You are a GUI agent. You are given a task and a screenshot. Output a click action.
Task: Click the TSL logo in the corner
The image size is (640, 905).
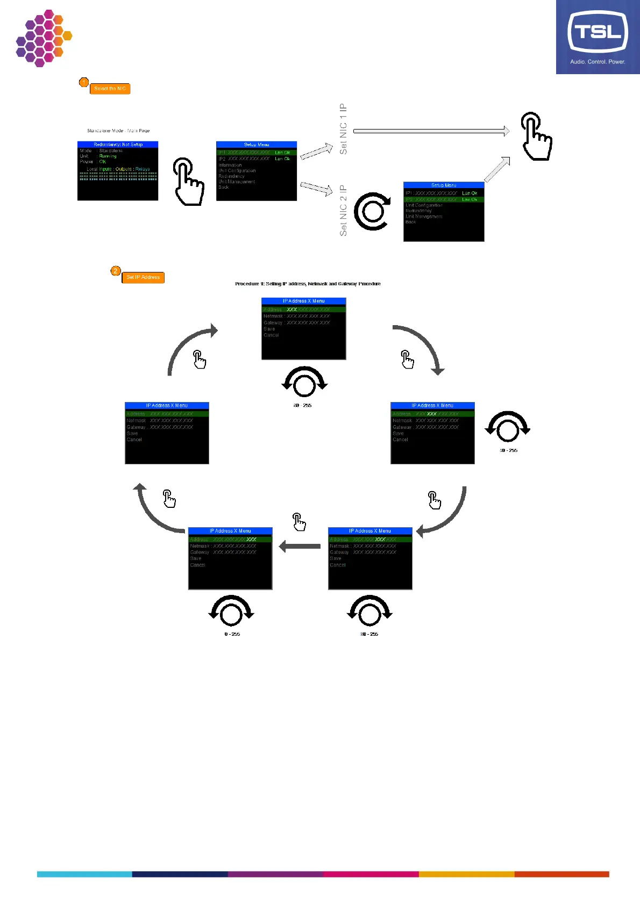[x=598, y=37]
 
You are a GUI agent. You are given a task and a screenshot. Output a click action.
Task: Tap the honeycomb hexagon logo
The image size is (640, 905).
[x=43, y=38]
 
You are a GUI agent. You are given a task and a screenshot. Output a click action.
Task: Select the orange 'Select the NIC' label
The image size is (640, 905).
[x=110, y=89]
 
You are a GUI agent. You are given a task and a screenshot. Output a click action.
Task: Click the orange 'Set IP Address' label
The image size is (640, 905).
[x=143, y=277]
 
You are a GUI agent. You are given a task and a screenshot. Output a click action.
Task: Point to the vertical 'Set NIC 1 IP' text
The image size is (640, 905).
[x=343, y=129]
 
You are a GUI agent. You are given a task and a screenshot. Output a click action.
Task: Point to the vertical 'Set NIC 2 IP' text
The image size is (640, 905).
[x=343, y=211]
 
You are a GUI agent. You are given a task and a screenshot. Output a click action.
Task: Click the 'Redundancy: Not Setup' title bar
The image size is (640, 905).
[x=118, y=145]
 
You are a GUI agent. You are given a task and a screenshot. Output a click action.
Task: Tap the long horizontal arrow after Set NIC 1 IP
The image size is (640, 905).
[x=431, y=131]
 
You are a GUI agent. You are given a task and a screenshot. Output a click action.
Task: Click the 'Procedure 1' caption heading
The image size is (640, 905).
[x=308, y=284]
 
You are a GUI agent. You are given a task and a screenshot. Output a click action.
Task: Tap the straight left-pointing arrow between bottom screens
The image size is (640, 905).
[x=300, y=547]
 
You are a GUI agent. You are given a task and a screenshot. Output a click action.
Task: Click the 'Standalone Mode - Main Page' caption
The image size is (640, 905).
[x=118, y=131]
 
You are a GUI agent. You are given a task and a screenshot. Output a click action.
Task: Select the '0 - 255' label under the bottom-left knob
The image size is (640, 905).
[x=232, y=634]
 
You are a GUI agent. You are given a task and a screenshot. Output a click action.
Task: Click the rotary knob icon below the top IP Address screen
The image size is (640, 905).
[x=304, y=382]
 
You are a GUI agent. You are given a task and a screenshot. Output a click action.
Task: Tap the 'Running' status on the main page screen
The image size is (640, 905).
[x=108, y=156]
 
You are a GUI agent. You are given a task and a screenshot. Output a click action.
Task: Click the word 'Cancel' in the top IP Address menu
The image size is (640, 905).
[x=271, y=335]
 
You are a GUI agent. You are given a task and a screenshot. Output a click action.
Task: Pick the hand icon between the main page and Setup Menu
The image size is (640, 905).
[x=188, y=182]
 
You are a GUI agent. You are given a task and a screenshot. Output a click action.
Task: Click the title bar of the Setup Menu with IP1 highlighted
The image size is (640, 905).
[x=257, y=145]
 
